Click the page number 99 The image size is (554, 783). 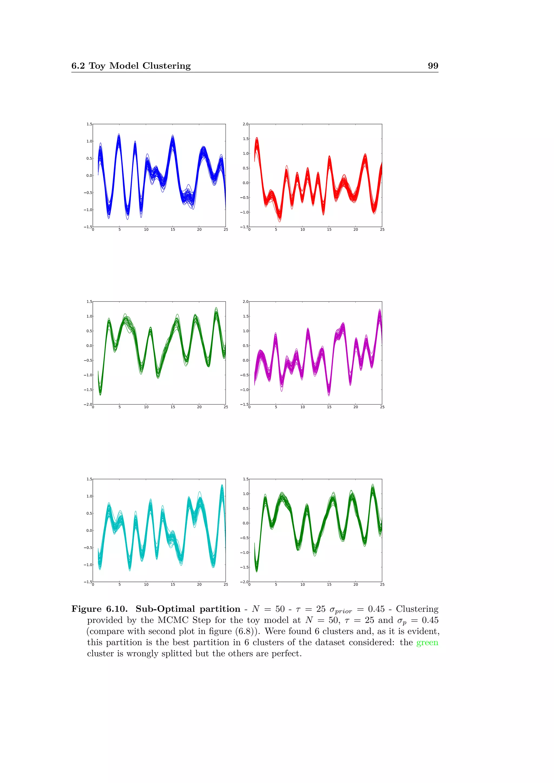tap(433, 66)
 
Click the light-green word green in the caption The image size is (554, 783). tap(427, 642)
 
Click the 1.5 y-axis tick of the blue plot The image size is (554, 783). tap(89, 124)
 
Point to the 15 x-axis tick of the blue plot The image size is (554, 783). tap(173, 230)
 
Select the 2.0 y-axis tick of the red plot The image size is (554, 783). tap(245, 124)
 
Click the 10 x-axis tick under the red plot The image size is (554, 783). tap(302, 230)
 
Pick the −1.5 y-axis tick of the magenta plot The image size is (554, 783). tap(244, 404)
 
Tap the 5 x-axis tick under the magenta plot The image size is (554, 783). tap(276, 407)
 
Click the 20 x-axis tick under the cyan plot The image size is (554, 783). tap(199, 585)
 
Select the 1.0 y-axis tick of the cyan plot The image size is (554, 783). tap(89, 496)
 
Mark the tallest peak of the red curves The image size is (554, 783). tap(256, 138)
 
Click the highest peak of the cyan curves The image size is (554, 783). tap(222, 485)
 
